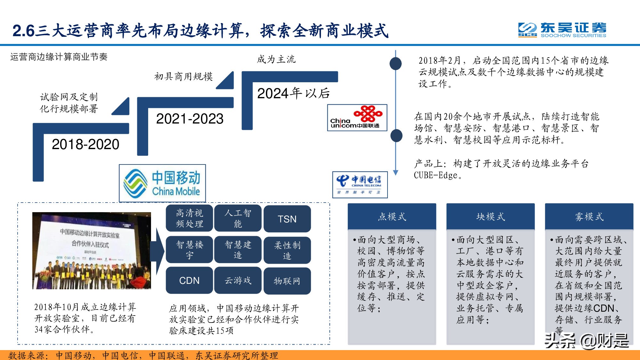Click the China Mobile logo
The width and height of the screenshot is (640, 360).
(x=162, y=183)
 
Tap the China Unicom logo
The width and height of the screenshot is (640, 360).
(x=357, y=117)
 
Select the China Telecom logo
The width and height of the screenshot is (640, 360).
(x=360, y=185)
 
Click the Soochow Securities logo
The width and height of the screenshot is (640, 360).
(x=562, y=30)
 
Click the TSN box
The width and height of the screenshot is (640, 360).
(x=287, y=219)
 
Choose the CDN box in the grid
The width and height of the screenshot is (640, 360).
(x=189, y=280)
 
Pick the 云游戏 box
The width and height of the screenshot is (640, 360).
(x=238, y=280)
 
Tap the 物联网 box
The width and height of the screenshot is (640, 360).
(x=287, y=281)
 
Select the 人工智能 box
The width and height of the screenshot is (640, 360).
(x=238, y=218)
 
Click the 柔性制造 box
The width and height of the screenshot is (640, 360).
(x=287, y=250)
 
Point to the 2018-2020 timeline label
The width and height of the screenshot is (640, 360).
(x=85, y=144)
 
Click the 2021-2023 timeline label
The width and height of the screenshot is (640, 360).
(x=189, y=119)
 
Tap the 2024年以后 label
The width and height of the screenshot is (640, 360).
(x=293, y=93)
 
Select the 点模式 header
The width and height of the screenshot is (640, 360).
(x=392, y=217)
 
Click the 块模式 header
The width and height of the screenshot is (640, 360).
(x=490, y=217)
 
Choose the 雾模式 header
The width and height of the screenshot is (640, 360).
(x=589, y=217)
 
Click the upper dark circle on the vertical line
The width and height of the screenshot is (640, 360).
(x=396, y=63)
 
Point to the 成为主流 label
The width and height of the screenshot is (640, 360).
(x=276, y=59)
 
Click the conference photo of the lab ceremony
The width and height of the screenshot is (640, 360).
(x=92, y=251)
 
